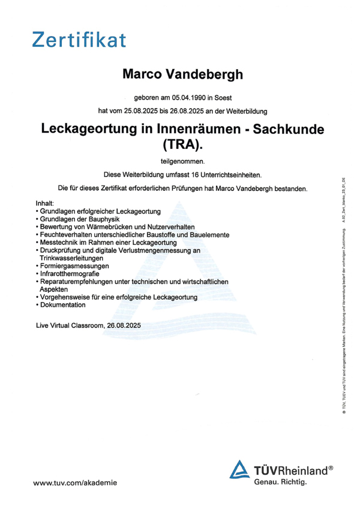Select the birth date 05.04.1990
click(189, 97)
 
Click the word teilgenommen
click(182, 161)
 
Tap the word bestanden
click(287, 188)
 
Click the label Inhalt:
click(45, 204)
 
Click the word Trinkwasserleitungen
click(72, 258)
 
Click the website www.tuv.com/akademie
click(75, 483)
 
